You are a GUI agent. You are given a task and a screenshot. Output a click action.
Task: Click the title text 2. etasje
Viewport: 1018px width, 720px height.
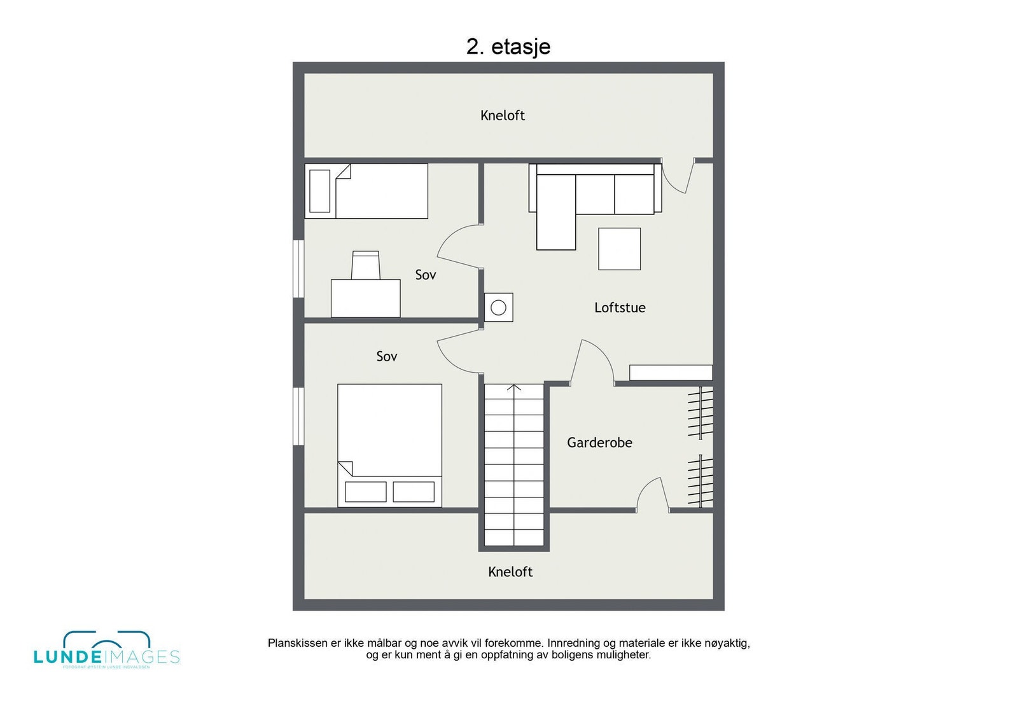click(508, 46)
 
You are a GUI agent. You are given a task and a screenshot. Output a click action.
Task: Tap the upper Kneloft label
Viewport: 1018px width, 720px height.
click(502, 115)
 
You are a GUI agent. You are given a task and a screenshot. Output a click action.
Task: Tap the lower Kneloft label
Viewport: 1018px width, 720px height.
click(510, 571)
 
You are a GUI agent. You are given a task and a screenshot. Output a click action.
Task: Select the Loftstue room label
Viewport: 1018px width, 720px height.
click(619, 307)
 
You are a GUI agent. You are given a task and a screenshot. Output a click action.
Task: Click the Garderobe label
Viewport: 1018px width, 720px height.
click(599, 442)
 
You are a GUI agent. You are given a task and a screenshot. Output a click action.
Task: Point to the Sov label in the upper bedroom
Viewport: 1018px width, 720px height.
click(425, 275)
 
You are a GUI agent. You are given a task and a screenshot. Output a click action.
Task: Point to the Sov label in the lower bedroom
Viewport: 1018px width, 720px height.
click(386, 356)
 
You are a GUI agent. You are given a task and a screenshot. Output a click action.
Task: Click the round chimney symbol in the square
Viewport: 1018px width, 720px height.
click(499, 308)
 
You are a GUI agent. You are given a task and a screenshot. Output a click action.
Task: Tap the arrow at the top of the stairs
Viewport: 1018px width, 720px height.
click(514, 387)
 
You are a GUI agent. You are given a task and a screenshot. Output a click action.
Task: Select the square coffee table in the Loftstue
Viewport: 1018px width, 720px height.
click(619, 249)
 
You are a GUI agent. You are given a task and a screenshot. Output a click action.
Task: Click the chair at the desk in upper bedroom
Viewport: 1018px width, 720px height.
click(366, 265)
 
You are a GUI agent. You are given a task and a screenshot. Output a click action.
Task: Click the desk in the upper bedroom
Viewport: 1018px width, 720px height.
click(365, 298)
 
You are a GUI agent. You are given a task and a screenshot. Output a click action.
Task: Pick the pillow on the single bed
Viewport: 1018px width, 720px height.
click(319, 191)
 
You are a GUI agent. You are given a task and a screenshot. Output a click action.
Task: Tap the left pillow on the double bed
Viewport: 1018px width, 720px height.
click(365, 492)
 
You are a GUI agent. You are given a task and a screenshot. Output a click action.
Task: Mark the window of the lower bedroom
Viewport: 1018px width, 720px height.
click(298, 416)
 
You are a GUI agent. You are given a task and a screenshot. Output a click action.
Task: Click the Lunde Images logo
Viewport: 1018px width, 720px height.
click(106, 650)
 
